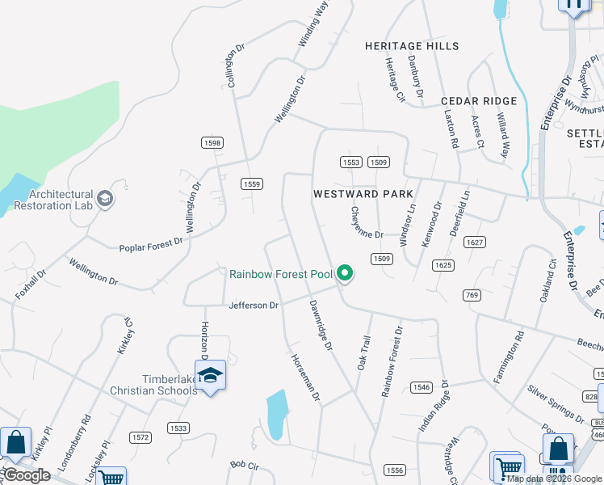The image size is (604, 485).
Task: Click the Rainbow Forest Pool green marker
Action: [346, 274]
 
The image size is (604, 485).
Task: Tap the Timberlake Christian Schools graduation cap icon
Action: [210, 377]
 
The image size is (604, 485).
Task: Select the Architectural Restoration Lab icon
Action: [104, 198]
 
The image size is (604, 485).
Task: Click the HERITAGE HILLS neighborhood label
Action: [411, 46]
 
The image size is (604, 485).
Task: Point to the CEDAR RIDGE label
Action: [479, 101]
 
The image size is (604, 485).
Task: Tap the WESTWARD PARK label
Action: [363, 194]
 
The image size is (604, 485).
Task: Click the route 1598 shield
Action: [212, 142]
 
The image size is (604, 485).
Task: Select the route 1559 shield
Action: [252, 184]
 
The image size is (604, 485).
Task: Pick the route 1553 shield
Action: [350, 162]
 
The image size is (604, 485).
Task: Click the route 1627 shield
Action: [475, 242]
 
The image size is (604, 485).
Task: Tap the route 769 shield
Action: [472, 295]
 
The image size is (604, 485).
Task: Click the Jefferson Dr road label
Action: [254, 306]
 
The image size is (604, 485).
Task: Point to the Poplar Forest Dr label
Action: [151, 245]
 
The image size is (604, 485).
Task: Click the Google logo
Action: [27, 475]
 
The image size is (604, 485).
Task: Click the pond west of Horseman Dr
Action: [276, 413]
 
